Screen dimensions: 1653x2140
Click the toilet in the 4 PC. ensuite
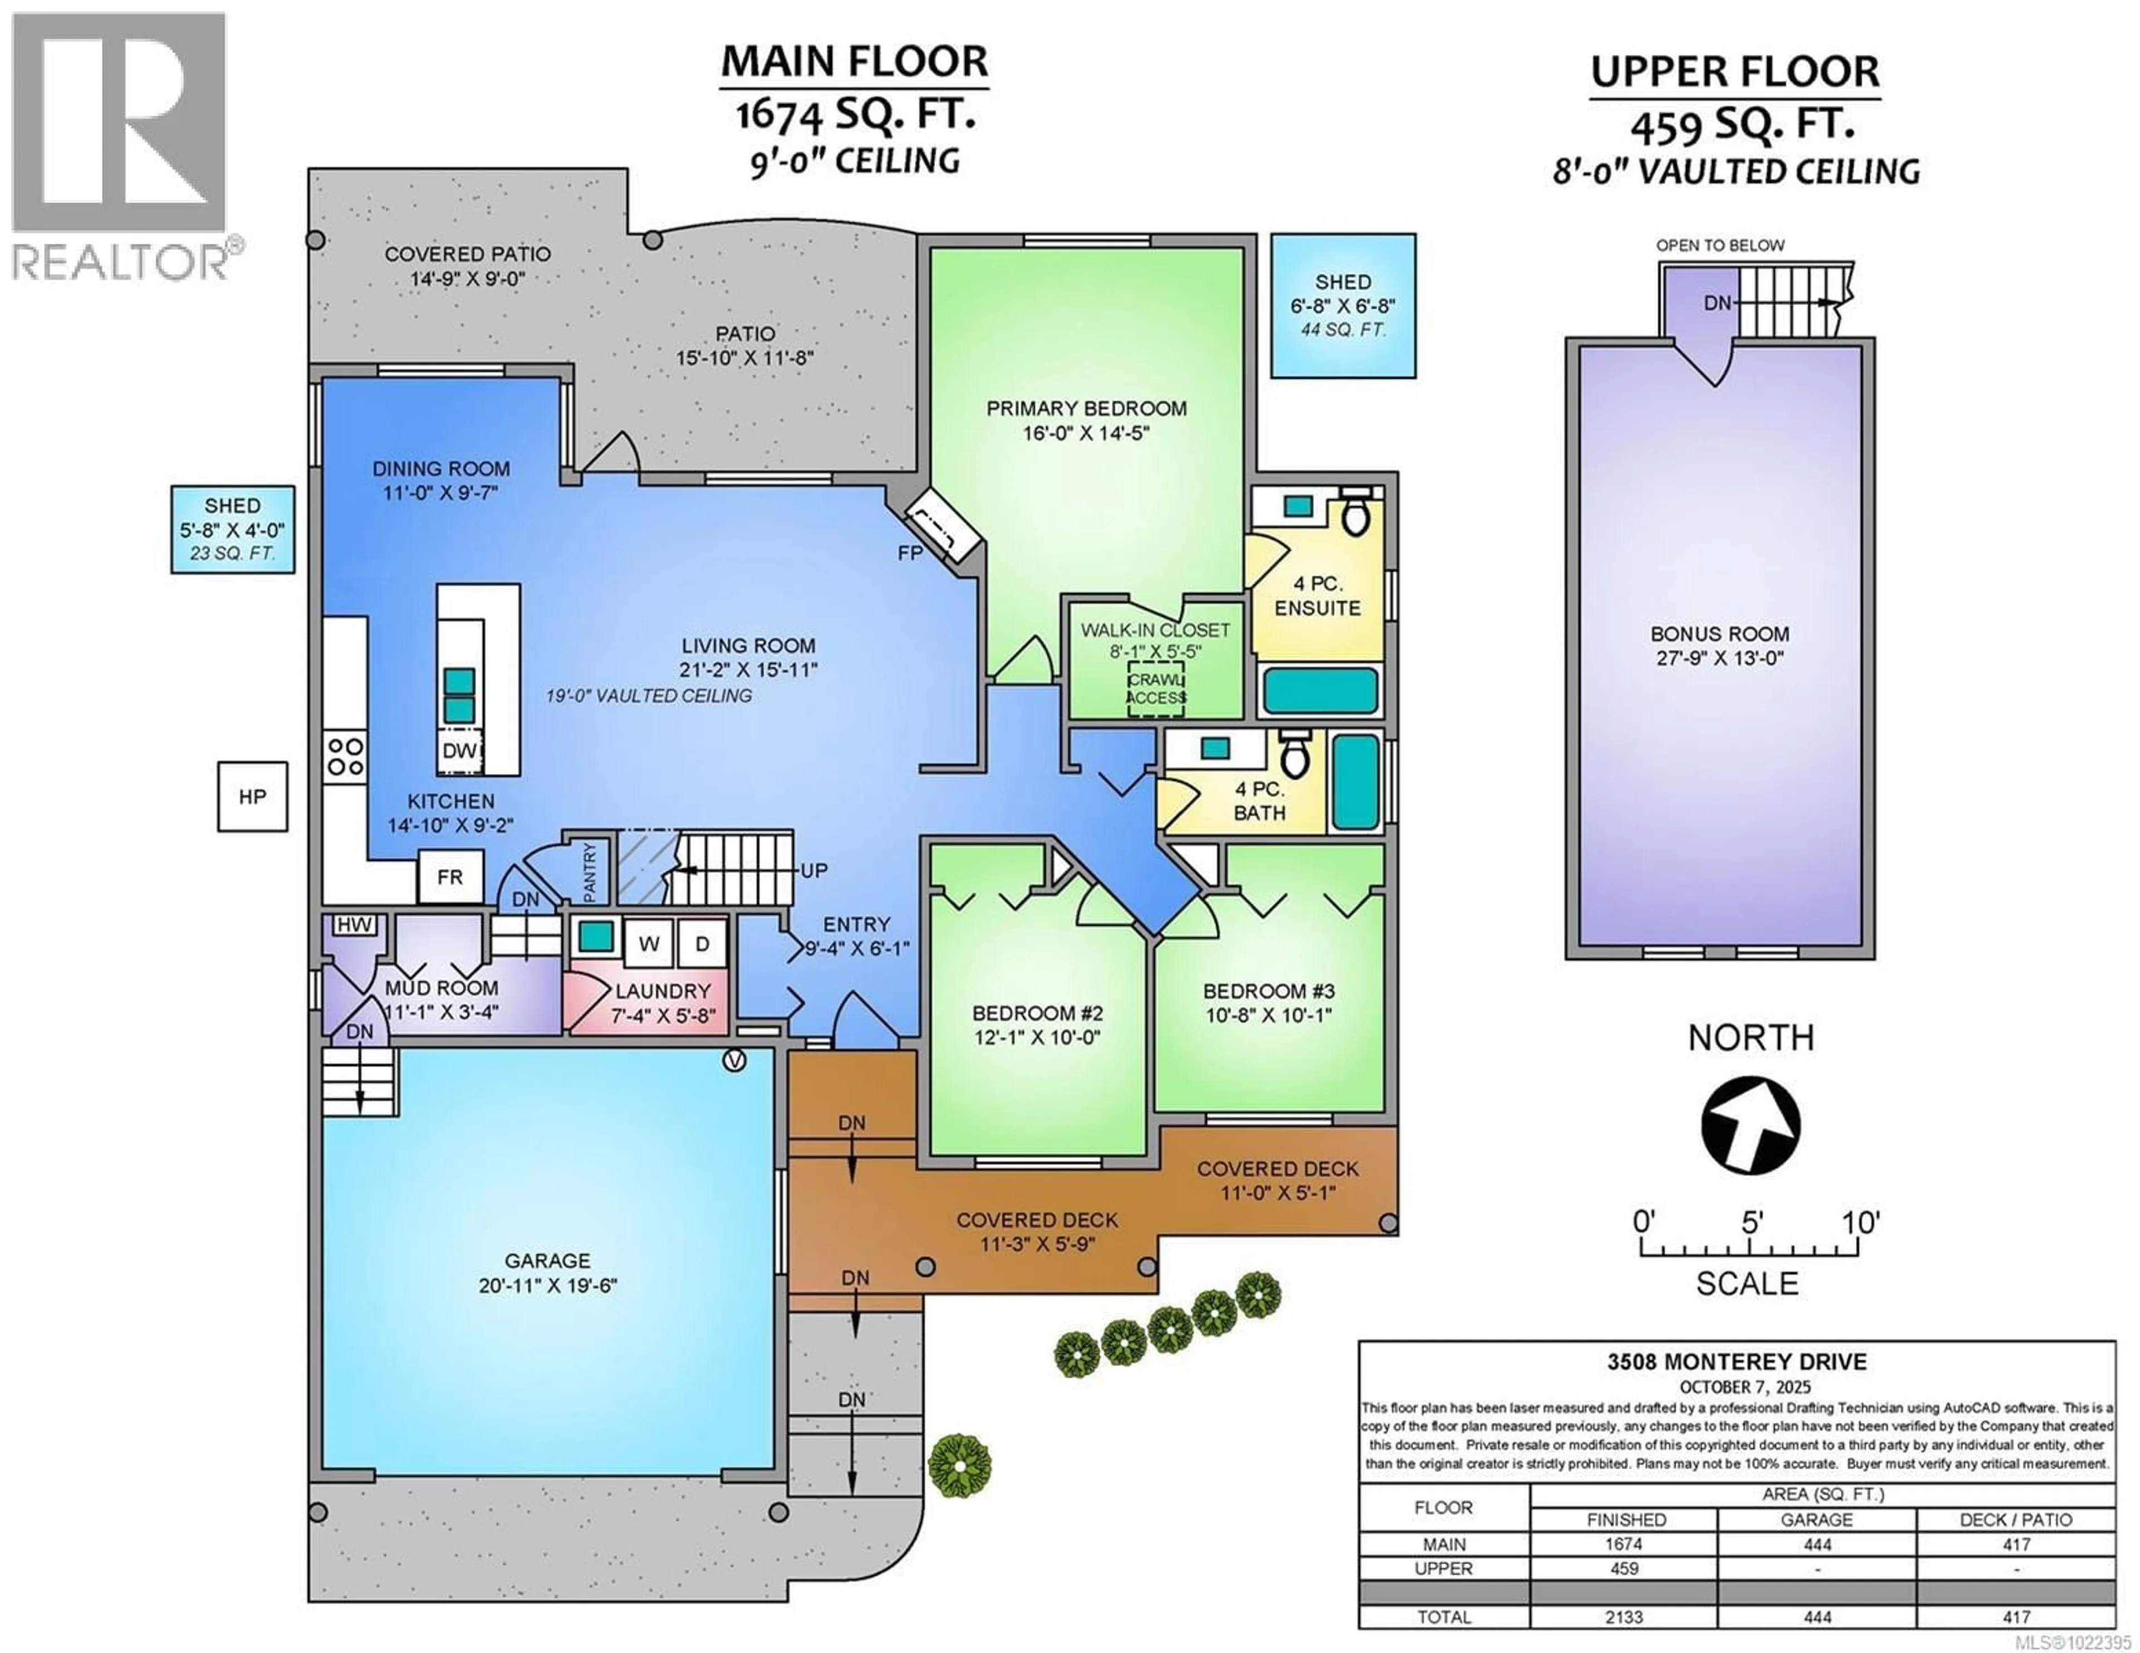(1356, 514)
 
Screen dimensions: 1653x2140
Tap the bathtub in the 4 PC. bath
(1356, 781)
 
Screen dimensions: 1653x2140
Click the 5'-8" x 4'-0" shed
(232, 529)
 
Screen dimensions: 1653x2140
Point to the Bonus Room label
(1719, 634)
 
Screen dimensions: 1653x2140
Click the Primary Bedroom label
(1086, 408)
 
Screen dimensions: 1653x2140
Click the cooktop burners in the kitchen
(345, 755)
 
